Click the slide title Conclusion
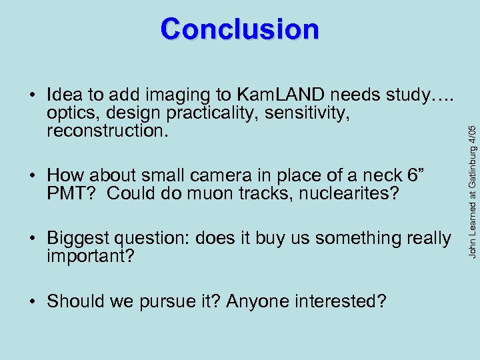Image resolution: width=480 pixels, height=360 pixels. coord(240,29)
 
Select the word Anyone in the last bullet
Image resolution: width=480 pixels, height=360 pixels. coord(251,301)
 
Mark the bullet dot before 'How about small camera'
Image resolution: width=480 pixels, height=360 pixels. coord(33,176)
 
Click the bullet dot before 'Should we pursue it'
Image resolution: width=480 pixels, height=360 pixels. coord(33,301)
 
